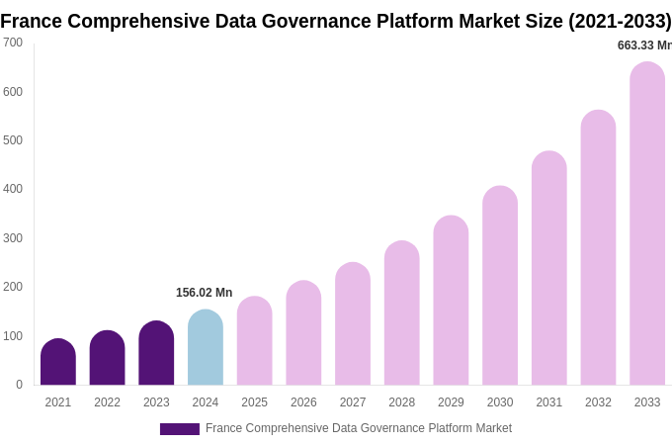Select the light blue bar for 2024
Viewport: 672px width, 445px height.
[206, 347]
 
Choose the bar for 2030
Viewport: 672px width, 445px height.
[500, 286]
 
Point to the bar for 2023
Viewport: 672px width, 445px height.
[156, 353]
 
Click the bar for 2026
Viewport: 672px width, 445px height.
[303, 333]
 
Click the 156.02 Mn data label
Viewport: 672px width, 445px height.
[204, 293]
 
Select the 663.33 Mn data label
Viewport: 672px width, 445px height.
[643, 45]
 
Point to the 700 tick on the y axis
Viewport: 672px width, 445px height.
[13, 43]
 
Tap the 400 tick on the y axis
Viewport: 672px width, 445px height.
[13, 189]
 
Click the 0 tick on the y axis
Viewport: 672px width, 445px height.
[19, 385]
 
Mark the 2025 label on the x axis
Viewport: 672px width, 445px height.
[254, 402]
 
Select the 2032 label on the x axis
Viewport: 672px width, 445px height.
[598, 402]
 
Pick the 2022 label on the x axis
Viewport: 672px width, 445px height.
[107, 402]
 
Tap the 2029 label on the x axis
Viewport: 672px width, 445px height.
[451, 402]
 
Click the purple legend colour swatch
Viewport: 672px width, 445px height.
[180, 429]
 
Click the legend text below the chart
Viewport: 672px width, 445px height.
[358, 428]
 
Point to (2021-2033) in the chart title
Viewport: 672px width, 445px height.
[620, 21]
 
